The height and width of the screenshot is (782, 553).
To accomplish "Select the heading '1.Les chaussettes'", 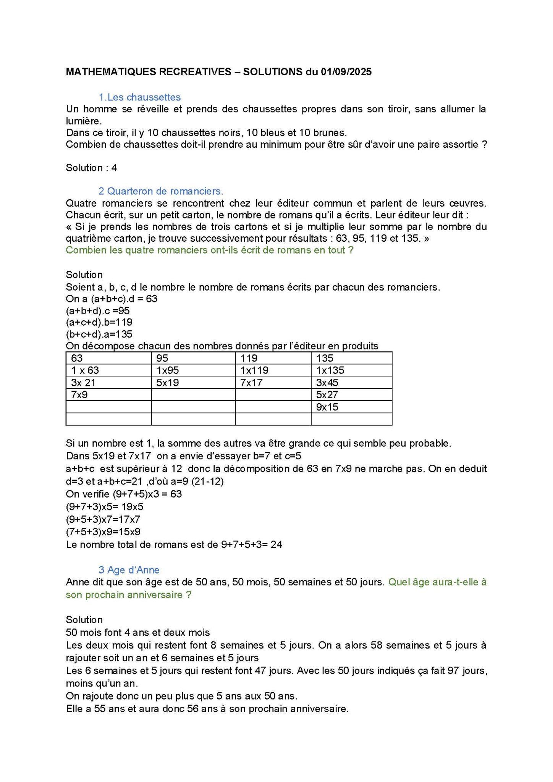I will click(x=139, y=97).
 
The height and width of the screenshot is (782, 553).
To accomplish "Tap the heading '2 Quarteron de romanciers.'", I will click(x=161, y=191).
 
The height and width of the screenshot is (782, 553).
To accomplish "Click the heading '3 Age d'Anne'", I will click(x=129, y=570).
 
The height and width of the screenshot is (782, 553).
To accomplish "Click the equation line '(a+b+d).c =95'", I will click(x=98, y=310).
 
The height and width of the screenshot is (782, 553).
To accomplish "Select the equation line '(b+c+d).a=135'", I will click(x=99, y=334).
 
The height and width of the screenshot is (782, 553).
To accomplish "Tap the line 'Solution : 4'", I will click(x=91, y=168).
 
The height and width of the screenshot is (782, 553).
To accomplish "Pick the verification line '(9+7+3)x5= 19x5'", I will click(x=105, y=507).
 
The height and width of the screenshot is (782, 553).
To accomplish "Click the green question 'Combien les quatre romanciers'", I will click(x=209, y=250).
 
